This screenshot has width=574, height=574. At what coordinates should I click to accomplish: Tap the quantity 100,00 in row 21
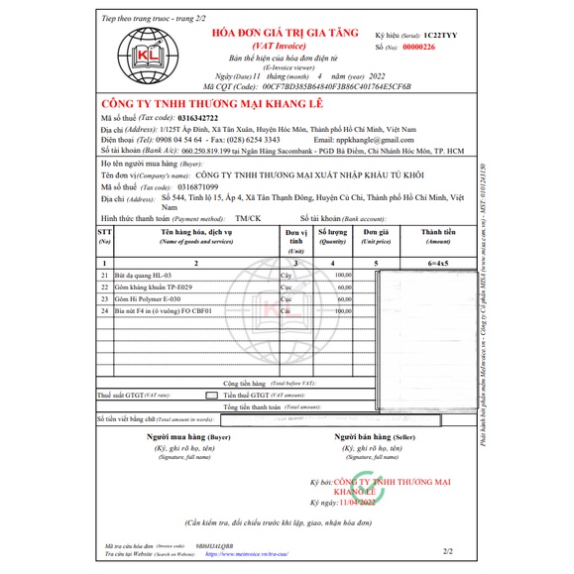pyautogui.click(x=343, y=275)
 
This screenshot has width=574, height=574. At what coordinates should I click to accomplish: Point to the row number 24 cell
pyautogui.click(x=104, y=310)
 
